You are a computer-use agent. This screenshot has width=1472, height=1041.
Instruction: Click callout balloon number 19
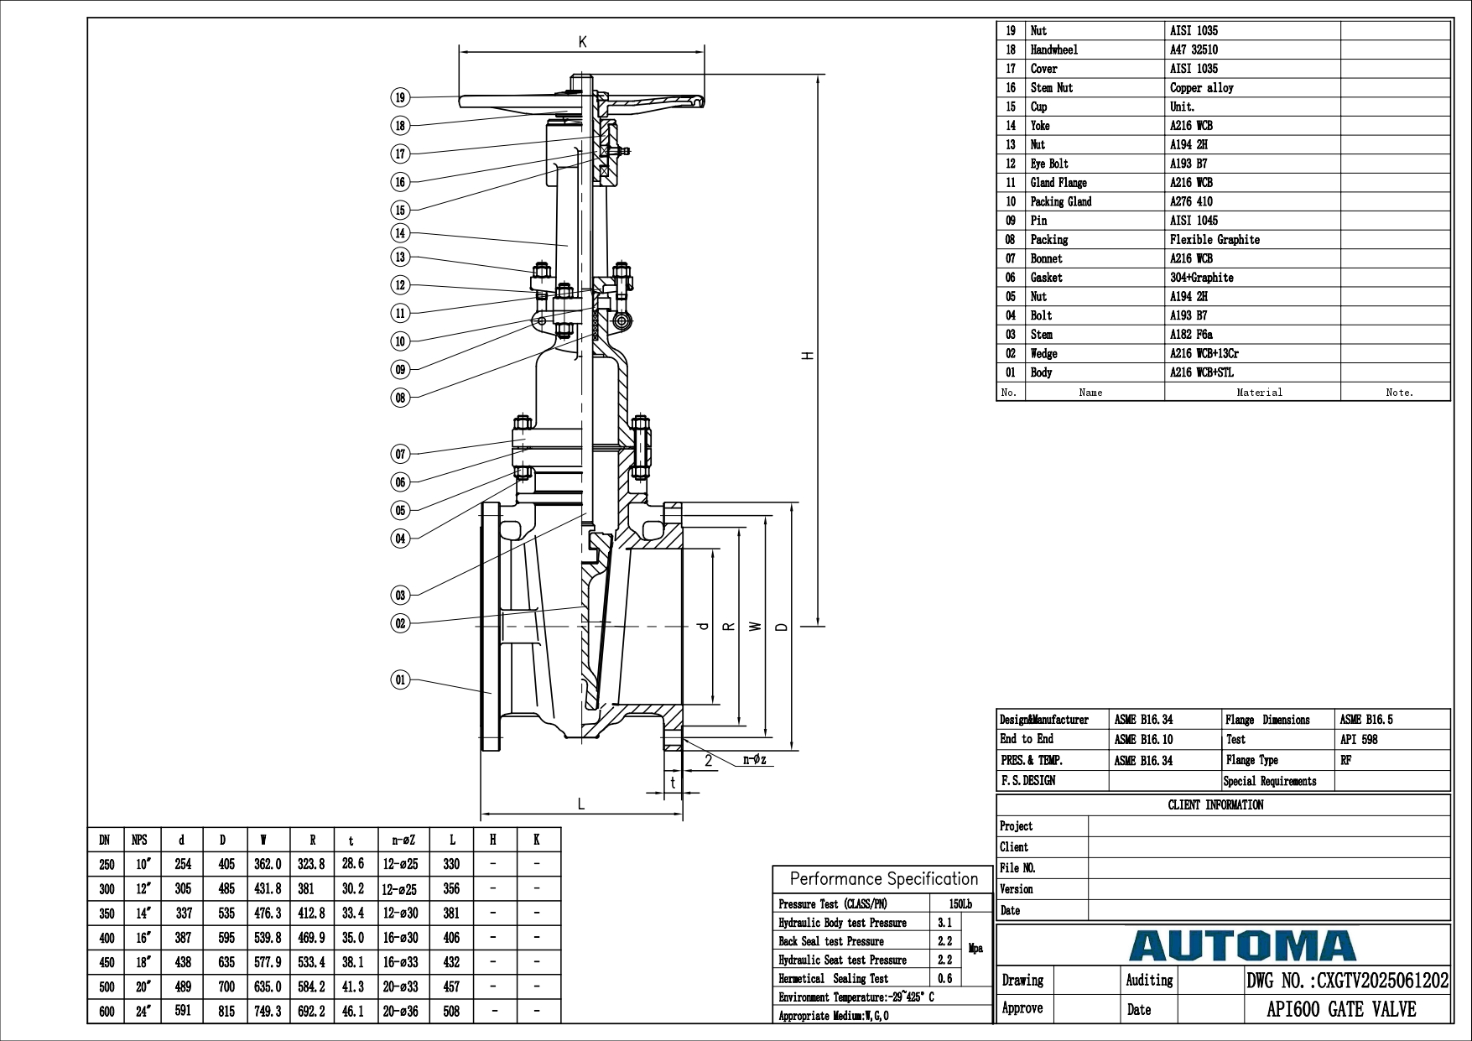(x=400, y=97)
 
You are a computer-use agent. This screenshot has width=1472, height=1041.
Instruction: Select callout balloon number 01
(x=400, y=679)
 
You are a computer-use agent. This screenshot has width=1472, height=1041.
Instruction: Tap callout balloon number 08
(x=400, y=398)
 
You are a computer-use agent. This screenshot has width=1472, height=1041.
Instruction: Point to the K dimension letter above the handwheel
(x=582, y=42)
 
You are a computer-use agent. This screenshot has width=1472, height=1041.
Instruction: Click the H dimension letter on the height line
(x=809, y=355)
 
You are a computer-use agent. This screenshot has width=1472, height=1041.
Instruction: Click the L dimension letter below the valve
(x=581, y=804)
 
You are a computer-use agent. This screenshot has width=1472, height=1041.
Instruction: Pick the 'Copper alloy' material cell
(x=1202, y=87)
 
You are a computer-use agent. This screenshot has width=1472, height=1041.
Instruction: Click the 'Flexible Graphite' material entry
(x=1215, y=239)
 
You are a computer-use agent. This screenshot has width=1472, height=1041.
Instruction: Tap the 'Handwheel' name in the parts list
(x=1054, y=49)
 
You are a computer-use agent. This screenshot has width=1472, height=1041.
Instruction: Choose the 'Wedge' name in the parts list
(x=1044, y=353)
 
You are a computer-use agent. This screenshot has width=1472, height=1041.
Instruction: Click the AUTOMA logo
(x=1242, y=945)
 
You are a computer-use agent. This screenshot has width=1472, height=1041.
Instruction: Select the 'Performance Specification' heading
(x=884, y=878)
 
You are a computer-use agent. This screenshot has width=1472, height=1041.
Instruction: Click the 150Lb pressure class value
(x=960, y=904)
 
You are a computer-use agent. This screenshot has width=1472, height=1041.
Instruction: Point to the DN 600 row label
(x=107, y=1012)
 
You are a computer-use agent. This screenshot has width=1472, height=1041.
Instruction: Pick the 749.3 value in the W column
(x=268, y=1012)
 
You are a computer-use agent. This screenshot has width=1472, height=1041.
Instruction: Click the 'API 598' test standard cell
(x=1359, y=739)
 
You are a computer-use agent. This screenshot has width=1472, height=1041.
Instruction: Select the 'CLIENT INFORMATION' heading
(x=1215, y=805)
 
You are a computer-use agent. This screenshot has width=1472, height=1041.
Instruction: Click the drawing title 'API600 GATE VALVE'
(x=1341, y=1009)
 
